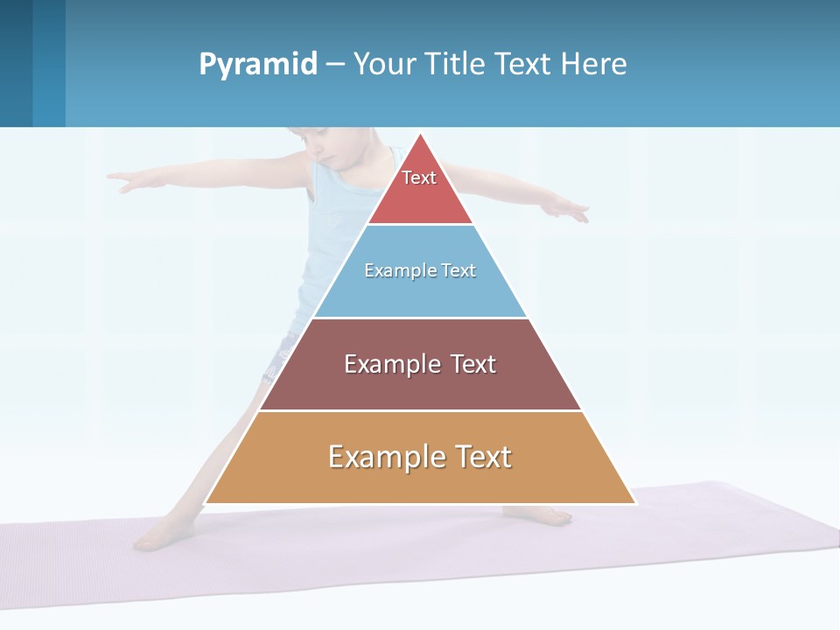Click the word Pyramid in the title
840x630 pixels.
click(257, 65)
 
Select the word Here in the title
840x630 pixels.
click(594, 65)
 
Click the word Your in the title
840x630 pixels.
click(386, 65)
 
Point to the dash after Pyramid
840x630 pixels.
click(334, 65)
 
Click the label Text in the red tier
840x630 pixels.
click(419, 178)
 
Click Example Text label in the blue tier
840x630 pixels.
click(420, 270)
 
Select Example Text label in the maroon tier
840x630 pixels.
click(420, 364)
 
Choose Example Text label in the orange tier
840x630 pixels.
click(420, 457)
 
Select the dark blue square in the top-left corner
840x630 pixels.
click(16, 63)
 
